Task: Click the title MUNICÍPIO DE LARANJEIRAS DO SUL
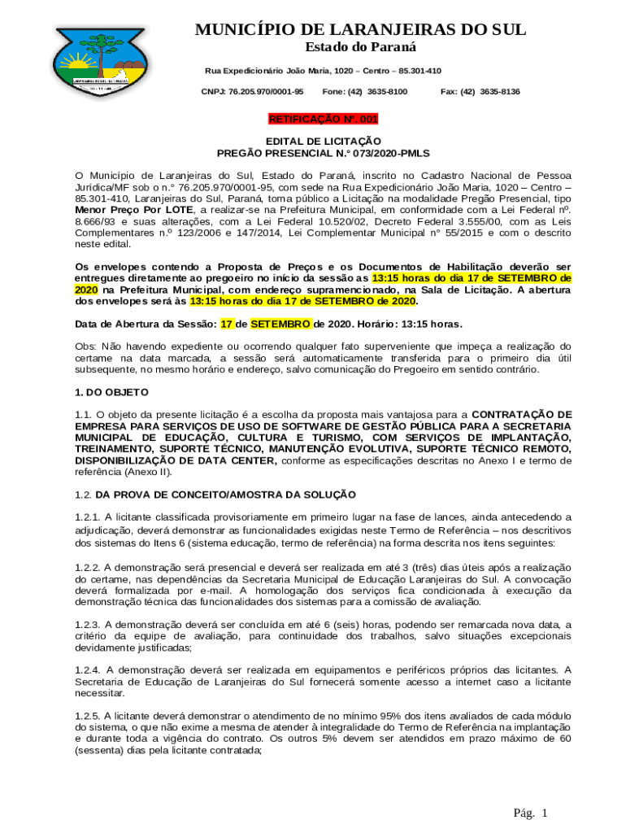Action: pyautogui.click(x=361, y=30)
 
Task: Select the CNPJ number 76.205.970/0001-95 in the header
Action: pyautogui.click(x=252, y=92)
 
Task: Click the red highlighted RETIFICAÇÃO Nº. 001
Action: pyautogui.click(x=323, y=119)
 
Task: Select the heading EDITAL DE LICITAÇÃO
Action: pyautogui.click(x=323, y=142)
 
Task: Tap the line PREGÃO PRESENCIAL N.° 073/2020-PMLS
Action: pyautogui.click(x=323, y=153)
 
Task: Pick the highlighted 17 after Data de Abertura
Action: pyautogui.click(x=228, y=324)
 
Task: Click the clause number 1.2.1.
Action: pyautogui.click(x=87, y=517)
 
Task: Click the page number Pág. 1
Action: pyautogui.click(x=531, y=813)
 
